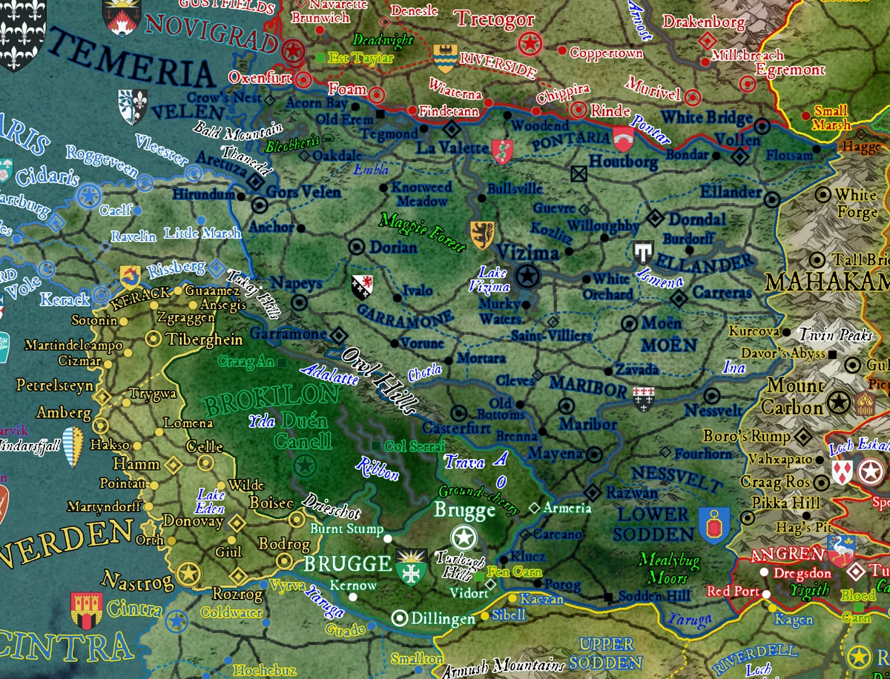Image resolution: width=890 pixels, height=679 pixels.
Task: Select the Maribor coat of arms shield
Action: (643, 397)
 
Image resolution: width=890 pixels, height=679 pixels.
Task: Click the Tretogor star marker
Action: (527, 44)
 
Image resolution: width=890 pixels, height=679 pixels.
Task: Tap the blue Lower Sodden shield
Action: (713, 525)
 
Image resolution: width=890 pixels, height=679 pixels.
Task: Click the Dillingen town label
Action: (442, 617)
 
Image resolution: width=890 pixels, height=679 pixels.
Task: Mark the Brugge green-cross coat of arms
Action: (409, 568)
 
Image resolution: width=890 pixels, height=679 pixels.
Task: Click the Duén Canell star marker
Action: (303, 466)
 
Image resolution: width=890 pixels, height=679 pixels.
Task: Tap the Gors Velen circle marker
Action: (260, 205)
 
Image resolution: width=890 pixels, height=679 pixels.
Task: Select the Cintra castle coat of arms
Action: (85, 610)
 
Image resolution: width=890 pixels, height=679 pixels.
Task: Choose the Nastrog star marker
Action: (188, 573)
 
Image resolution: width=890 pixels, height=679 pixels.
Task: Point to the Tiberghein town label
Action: (205, 339)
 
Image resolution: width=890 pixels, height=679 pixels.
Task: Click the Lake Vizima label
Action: (493, 279)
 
